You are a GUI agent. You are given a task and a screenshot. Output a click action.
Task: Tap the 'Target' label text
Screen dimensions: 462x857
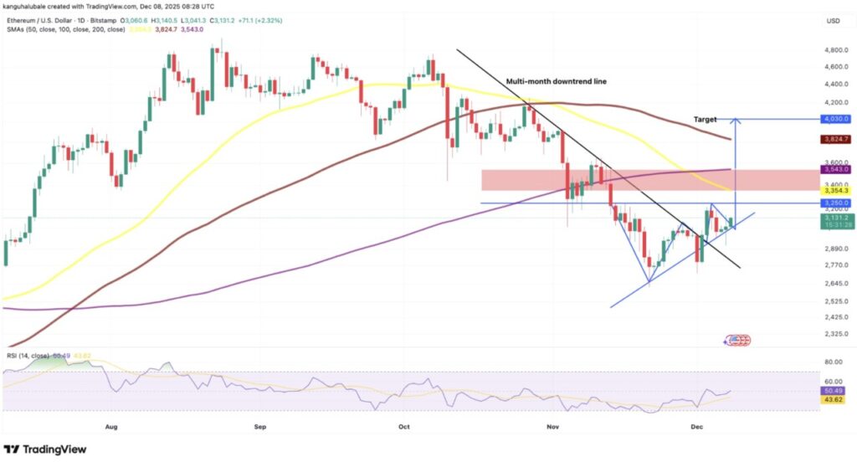pos(705,121)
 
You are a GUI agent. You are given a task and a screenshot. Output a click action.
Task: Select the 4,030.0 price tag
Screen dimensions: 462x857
pos(834,120)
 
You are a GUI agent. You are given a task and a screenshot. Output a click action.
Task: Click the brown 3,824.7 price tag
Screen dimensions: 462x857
pos(834,139)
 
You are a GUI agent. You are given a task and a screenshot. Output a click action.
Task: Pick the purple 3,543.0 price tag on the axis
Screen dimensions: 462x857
pos(834,170)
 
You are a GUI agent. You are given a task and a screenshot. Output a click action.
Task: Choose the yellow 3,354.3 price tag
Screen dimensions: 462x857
pos(834,191)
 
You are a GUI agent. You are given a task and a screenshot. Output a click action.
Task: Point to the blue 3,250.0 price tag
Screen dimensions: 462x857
pos(834,203)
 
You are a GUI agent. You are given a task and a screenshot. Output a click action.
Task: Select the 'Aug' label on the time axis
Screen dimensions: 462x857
pos(112,425)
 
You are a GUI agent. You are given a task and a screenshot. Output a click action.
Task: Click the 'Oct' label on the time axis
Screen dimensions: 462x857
pos(404,425)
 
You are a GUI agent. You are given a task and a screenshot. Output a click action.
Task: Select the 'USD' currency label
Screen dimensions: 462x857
pos(834,20)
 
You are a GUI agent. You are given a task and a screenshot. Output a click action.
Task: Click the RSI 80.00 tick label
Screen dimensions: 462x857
pos(834,362)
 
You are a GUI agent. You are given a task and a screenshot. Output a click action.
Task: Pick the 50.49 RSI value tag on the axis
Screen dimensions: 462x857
pos(834,390)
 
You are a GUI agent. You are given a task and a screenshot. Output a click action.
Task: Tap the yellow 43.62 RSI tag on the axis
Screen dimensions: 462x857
pos(834,400)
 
